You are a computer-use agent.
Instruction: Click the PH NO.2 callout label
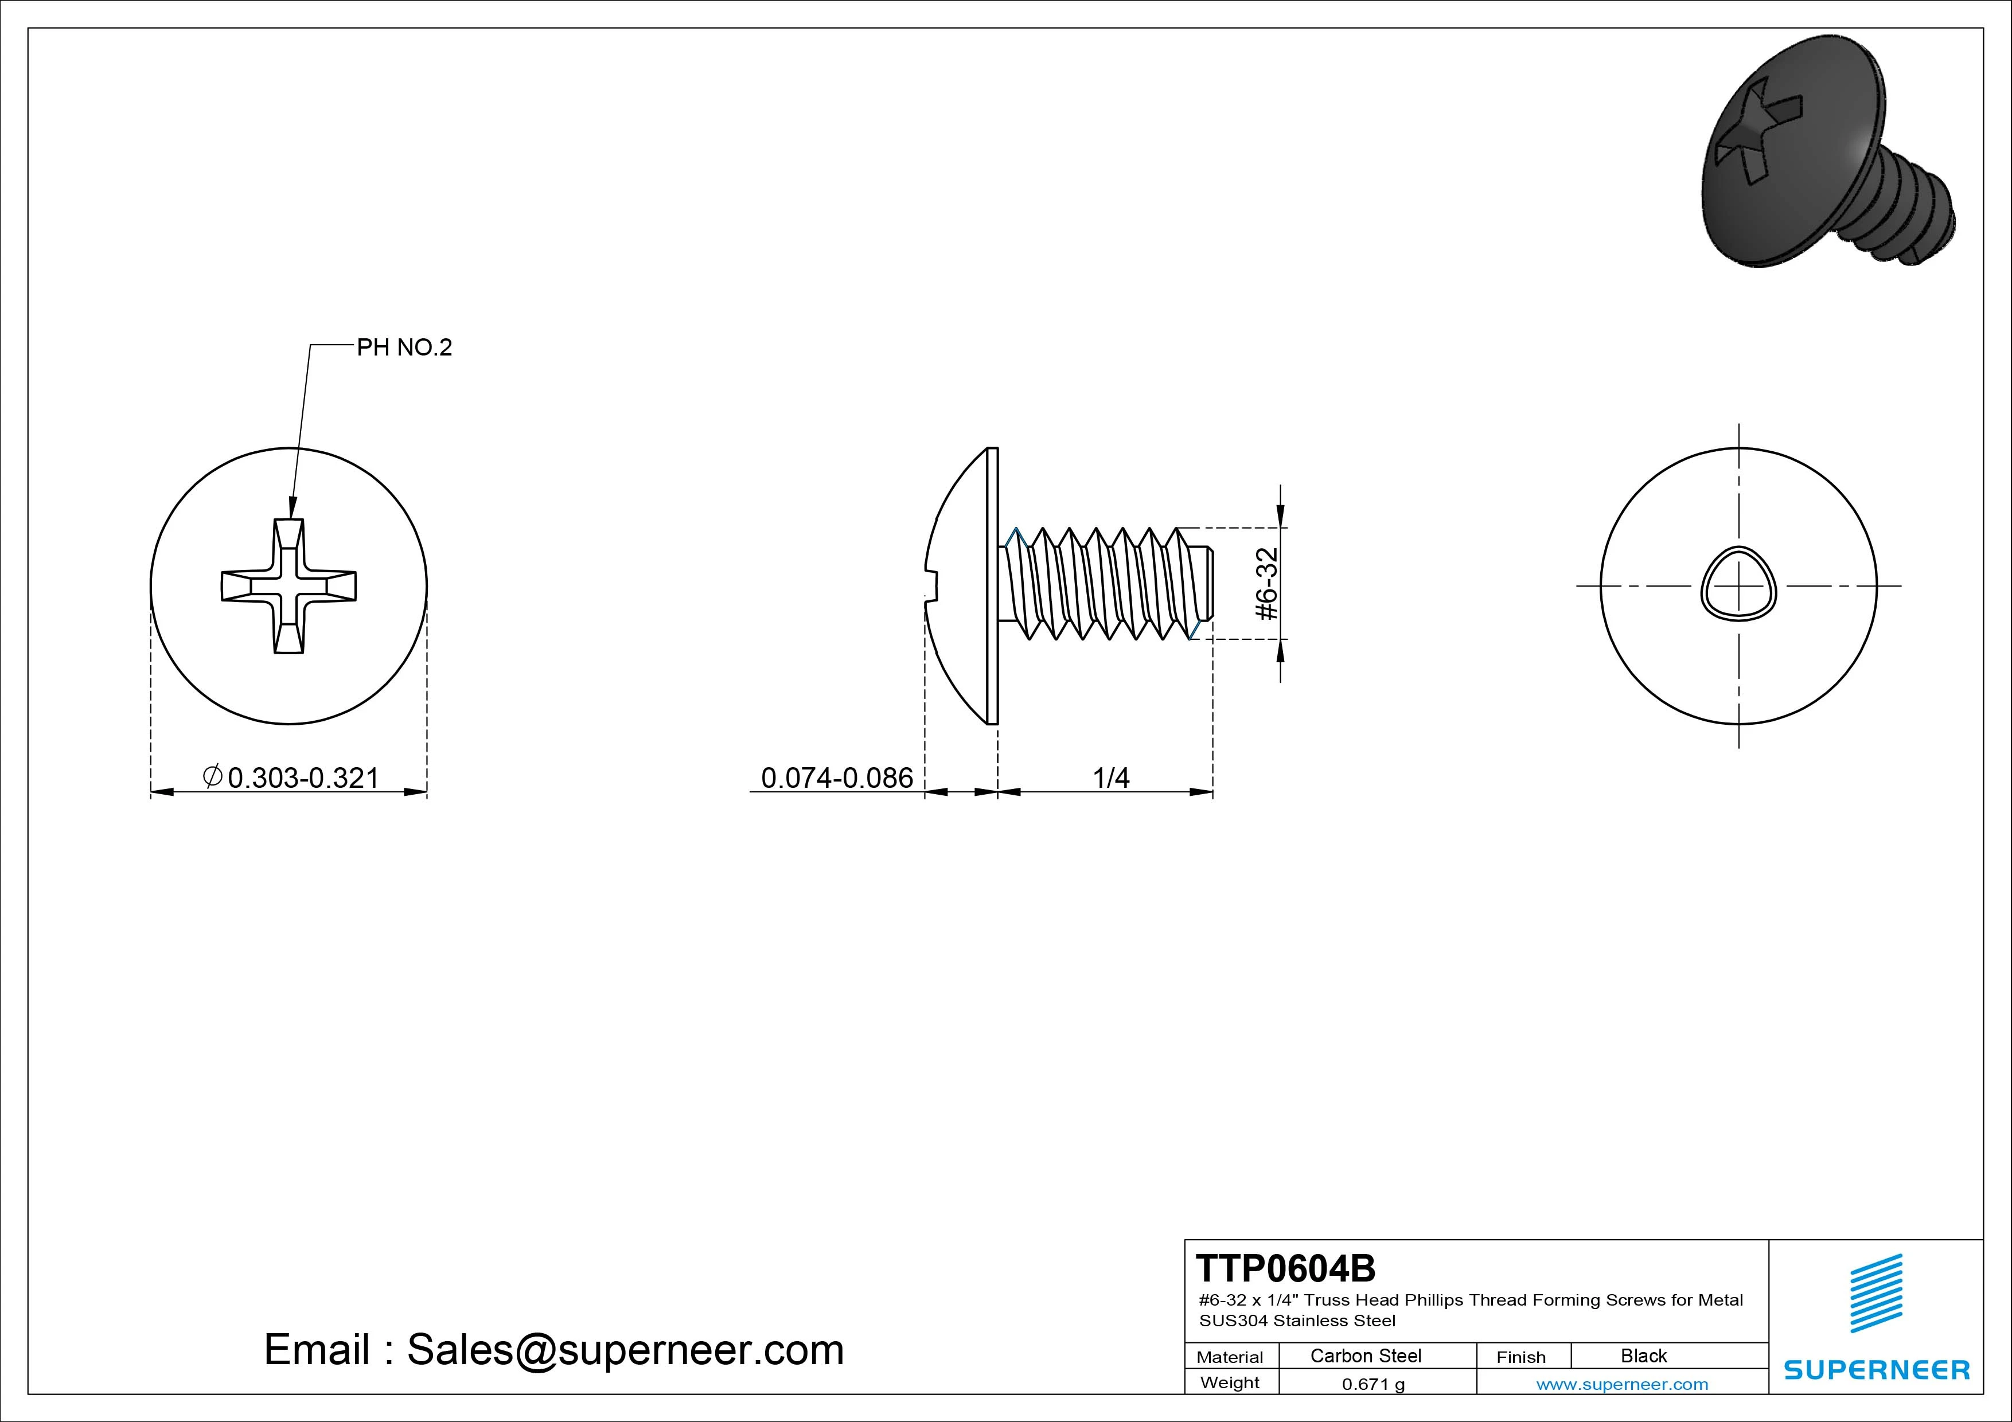coord(404,348)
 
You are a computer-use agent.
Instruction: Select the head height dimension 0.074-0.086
coord(836,778)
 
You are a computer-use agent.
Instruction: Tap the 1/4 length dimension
coord(1110,778)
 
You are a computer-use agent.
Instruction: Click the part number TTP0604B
coord(1285,1268)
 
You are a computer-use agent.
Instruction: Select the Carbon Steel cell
coord(1365,1355)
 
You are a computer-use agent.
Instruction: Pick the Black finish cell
coord(1643,1355)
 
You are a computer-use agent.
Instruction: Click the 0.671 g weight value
coord(1373,1384)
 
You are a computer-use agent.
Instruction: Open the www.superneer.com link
coord(1622,1384)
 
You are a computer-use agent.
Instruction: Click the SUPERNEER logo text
coord(1876,1369)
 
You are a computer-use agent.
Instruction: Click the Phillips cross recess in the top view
coord(288,586)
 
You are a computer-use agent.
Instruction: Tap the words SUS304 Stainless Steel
coord(1297,1321)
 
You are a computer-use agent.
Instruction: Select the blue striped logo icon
coord(1875,1293)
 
